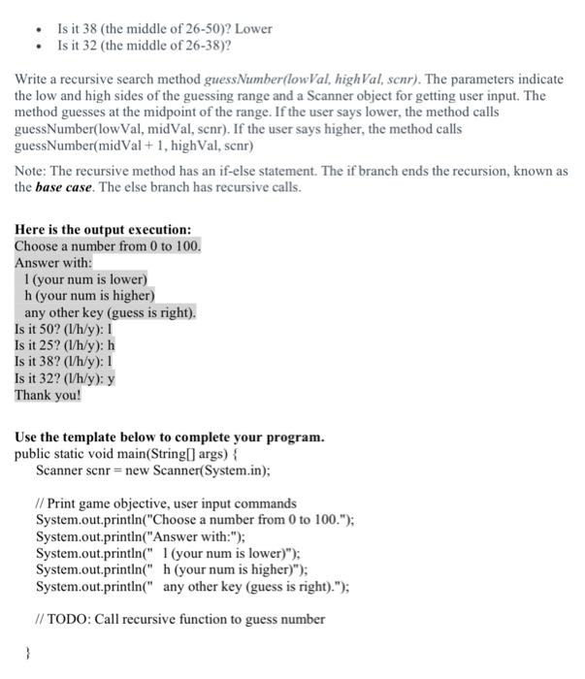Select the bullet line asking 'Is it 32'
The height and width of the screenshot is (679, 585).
pos(146,45)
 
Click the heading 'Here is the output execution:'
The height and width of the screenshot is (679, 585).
pos(103,230)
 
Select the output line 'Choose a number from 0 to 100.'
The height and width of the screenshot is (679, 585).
pos(108,246)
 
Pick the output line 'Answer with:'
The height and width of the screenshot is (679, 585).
pos(53,263)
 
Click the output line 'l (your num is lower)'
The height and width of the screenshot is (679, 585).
pos(85,279)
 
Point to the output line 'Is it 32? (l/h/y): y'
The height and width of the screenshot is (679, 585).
pos(65,378)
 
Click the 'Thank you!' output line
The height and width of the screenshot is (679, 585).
pos(48,395)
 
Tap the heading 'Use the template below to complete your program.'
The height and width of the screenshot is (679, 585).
pos(169,437)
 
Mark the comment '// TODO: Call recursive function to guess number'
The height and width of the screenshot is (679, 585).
pos(179,619)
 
